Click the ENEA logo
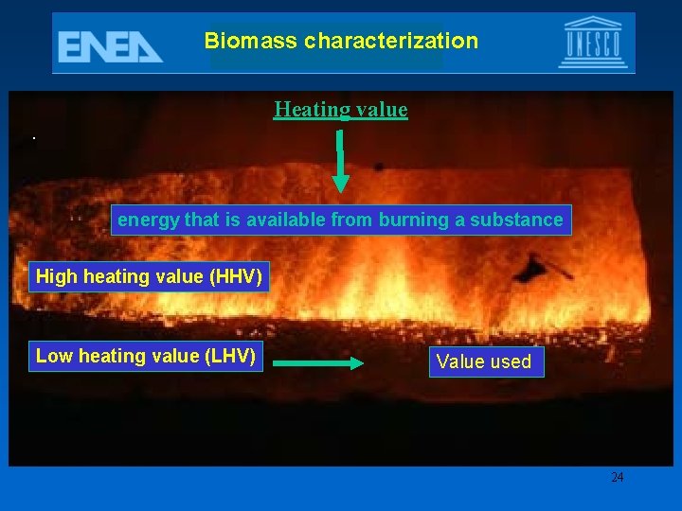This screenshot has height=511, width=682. click(110, 45)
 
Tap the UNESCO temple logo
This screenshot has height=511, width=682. click(592, 43)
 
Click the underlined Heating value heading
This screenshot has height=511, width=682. click(341, 110)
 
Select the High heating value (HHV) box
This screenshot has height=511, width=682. click(149, 277)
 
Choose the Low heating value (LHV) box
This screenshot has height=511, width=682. click(146, 356)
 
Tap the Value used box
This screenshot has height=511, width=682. click(484, 361)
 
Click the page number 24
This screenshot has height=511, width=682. click(617, 477)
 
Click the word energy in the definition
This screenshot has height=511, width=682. click(148, 220)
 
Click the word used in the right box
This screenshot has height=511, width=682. click(511, 361)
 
